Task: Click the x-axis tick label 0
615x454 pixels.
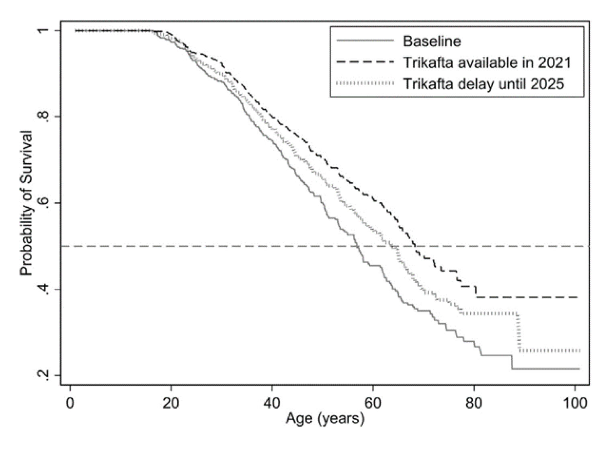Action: [x=70, y=403]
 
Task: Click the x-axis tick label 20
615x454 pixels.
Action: [x=171, y=403]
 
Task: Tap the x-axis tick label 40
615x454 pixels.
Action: [x=272, y=403]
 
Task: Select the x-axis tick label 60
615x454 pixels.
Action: [x=373, y=403]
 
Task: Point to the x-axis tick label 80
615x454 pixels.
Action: [x=474, y=403]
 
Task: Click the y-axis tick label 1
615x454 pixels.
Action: [x=43, y=31]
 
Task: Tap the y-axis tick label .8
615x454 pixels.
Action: [x=43, y=117]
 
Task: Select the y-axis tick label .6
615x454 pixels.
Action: [x=43, y=203]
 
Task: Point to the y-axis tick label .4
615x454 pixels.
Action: [x=43, y=289]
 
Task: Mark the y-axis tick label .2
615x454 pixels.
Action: [x=43, y=375]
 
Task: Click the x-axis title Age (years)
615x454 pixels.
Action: [x=325, y=419]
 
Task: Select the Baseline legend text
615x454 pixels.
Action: [x=432, y=41]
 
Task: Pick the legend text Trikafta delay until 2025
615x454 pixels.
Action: [x=484, y=84]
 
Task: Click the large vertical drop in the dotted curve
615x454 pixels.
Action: [x=519, y=332]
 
